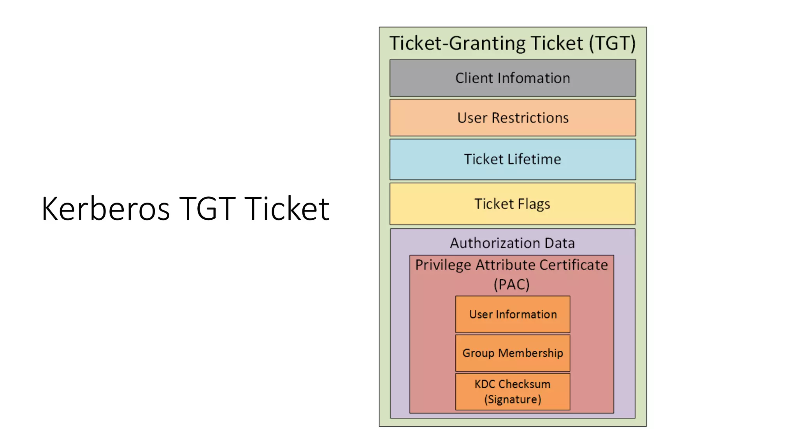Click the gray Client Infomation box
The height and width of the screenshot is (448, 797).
(x=513, y=78)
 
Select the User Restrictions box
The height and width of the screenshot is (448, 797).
(x=513, y=118)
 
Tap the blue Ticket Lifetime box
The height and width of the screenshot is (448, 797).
(x=513, y=159)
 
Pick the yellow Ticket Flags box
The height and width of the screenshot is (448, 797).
(x=513, y=204)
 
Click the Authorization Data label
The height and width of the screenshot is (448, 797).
(x=513, y=243)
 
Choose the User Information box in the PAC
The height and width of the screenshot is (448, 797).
(x=513, y=314)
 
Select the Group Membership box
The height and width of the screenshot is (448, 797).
(x=513, y=353)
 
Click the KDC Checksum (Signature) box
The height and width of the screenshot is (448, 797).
(x=513, y=392)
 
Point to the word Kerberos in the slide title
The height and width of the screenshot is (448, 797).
(x=105, y=209)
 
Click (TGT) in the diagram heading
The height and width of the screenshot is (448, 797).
(x=612, y=43)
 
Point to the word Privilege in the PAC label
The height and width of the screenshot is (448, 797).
(x=443, y=265)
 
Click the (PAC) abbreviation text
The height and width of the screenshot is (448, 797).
(x=512, y=284)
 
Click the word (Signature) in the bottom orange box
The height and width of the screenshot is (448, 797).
(x=513, y=399)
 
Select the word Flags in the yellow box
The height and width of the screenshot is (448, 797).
(x=534, y=204)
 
